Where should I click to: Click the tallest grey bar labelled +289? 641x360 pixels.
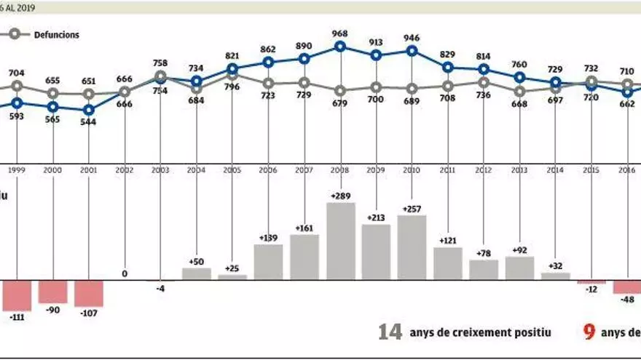(x=340, y=241)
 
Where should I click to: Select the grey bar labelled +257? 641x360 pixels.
(x=412, y=247)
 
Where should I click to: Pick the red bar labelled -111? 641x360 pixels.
(x=16, y=295)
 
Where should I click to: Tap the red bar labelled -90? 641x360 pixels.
(x=52, y=292)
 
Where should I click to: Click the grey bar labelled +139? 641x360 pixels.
(x=268, y=262)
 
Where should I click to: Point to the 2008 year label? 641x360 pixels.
(x=340, y=169)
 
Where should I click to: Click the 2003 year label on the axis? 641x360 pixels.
(x=160, y=169)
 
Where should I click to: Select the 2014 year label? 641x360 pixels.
(x=555, y=169)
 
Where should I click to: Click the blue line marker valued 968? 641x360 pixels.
(x=340, y=47)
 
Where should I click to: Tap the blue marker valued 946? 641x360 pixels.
(x=412, y=51)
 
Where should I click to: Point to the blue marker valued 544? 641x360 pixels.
(x=89, y=110)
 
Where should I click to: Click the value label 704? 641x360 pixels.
(x=17, y=73)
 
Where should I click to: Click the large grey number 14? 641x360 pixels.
(x=390, y=332)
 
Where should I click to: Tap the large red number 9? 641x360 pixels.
(x=589, y=332)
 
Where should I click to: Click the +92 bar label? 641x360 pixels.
(x=519, y=249)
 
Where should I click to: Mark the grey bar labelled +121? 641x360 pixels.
(x=447, y=263)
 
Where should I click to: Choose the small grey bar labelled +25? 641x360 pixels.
(x=232, y=277)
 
